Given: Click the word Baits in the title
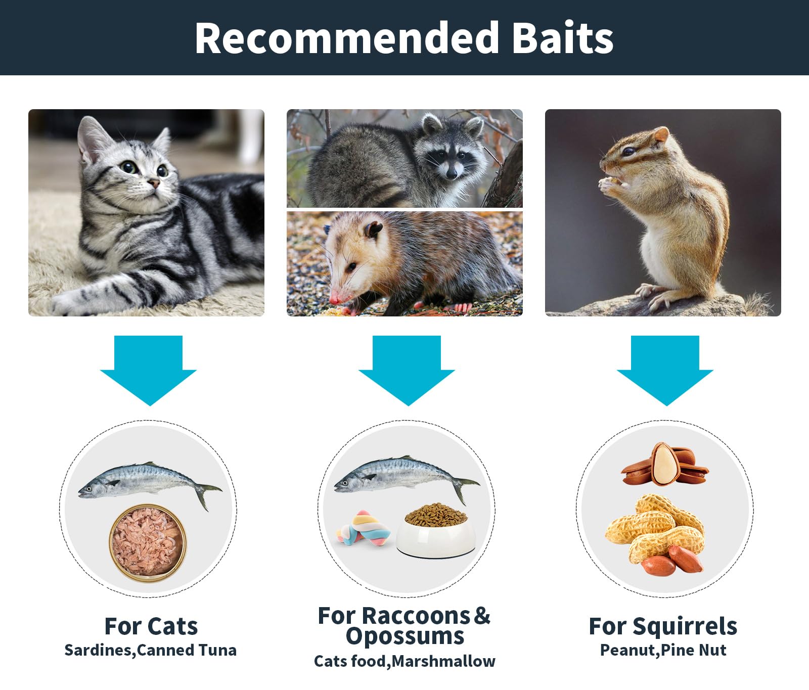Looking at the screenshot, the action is point(563,38).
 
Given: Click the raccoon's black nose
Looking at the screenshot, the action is point(452,174).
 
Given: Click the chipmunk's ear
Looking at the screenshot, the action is point(661,135).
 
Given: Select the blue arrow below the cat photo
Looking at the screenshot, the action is point(148,371).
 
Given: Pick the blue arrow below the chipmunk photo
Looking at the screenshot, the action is point(665,371).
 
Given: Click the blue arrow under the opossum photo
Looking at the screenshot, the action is point(407,371).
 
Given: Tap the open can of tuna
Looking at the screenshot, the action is point(148,543).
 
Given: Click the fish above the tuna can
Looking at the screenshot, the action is point(150,482).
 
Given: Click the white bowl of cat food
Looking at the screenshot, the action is point(436,530).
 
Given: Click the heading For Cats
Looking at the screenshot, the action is point(151,626).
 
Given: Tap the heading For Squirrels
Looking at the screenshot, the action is point(663,627).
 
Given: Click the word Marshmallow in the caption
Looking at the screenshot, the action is point(443,661).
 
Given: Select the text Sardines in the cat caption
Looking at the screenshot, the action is point(98,650).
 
